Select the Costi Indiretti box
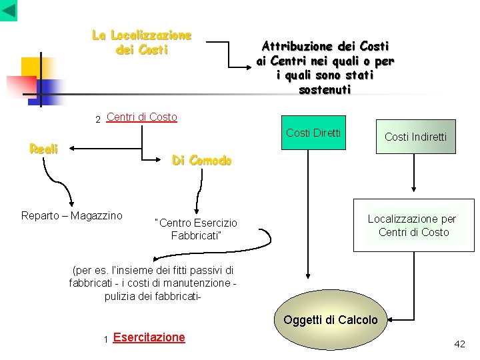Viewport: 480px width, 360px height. pos(415,137)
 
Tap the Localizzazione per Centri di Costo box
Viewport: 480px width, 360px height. pos(413,226)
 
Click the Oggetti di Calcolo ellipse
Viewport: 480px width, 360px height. pos(330,320)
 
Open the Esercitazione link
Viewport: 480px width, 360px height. pos(149,337)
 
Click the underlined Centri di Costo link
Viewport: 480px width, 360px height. pos(141,117)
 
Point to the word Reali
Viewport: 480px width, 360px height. pos(44,149)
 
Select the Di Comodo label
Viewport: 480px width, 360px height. pos(201,161)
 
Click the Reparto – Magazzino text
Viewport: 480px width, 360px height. pos(72,215)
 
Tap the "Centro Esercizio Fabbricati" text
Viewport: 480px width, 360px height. pos(195,229)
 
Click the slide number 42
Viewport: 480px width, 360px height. pos(459,344)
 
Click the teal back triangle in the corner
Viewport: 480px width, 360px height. pos(9,10)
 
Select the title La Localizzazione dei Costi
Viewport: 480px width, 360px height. pos(141,42)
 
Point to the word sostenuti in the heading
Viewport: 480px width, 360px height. pos(325,90)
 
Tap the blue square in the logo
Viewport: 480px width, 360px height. pos(47,89)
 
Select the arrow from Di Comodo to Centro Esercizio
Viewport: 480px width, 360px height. pos(197,195)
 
